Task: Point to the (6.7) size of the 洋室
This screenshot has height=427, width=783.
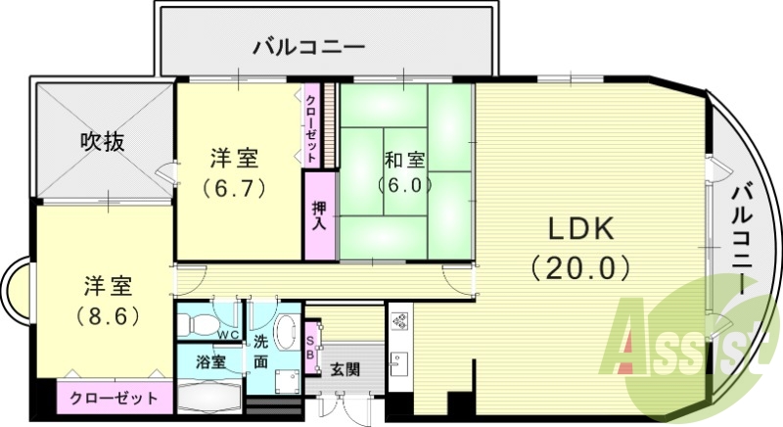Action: pyautogui.click(x=235, y=186)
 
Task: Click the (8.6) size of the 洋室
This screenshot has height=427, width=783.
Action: pyautogui.click(x=108, y=316)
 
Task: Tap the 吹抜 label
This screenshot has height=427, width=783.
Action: pyautogui.click(x=101, y=142)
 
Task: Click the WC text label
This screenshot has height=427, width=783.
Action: pyautogui.click(x=228, y=336)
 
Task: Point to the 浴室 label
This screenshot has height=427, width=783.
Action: pyautogui.click(x=209, y=361)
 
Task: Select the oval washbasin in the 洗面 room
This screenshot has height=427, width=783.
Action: pyautogui.click(x=286, y=331)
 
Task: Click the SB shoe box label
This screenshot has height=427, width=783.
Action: pyautogui.click(x=311, y=348)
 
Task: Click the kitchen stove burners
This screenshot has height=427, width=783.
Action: pyautogui.click(x=399, y=320)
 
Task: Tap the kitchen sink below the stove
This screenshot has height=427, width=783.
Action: pyautogui.click(x=398, y=363)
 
